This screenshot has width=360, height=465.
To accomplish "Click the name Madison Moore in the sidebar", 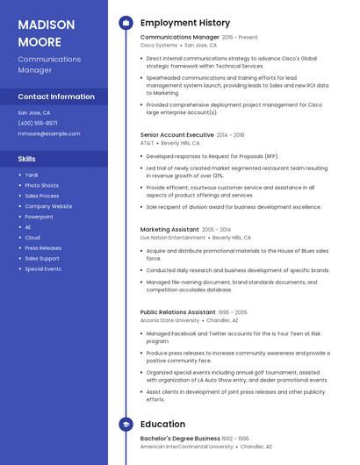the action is coord(40,32).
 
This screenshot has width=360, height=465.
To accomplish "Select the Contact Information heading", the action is coord(56,97).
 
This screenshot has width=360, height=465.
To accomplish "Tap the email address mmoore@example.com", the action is coord(48,134).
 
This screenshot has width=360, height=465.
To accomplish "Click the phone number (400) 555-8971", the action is coord(38,124).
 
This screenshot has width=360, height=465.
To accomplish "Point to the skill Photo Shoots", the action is coord(41,185).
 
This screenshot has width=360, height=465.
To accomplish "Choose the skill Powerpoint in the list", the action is coord(39,217).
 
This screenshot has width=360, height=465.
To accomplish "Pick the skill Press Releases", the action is coord(43,248).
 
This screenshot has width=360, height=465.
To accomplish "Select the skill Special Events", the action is coord(43,269).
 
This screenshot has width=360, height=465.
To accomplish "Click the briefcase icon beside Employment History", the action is coord(126,23).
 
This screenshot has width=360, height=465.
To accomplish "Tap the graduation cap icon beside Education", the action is coord(126,425).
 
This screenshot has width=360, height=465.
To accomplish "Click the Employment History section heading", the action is coord(185,23).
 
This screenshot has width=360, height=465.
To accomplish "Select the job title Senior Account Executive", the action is coord(176,135).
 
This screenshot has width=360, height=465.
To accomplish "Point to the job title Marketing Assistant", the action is coord(169,229).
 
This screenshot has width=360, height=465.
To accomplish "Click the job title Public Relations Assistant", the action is coord(177,312).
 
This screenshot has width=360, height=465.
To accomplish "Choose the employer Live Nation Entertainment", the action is coord(173,238).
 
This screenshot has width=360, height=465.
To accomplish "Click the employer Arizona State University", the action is coord(169,321).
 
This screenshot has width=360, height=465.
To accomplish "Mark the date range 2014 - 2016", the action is coord(231,135).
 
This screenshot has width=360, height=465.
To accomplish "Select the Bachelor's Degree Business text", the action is coord(180,438).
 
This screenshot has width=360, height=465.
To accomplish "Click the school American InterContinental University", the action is coord(187,447).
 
